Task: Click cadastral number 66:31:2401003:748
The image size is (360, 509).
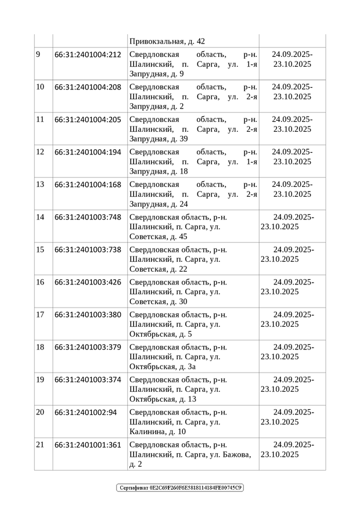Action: coord(88,217)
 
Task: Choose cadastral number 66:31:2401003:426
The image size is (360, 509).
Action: coord(88,282)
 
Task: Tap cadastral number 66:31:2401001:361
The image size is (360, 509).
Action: coord(88,445)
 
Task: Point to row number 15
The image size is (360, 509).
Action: coord(40,250)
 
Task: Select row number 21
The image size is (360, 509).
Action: coord(40,445)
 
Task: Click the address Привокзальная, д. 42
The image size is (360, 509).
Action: coord(167,41)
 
